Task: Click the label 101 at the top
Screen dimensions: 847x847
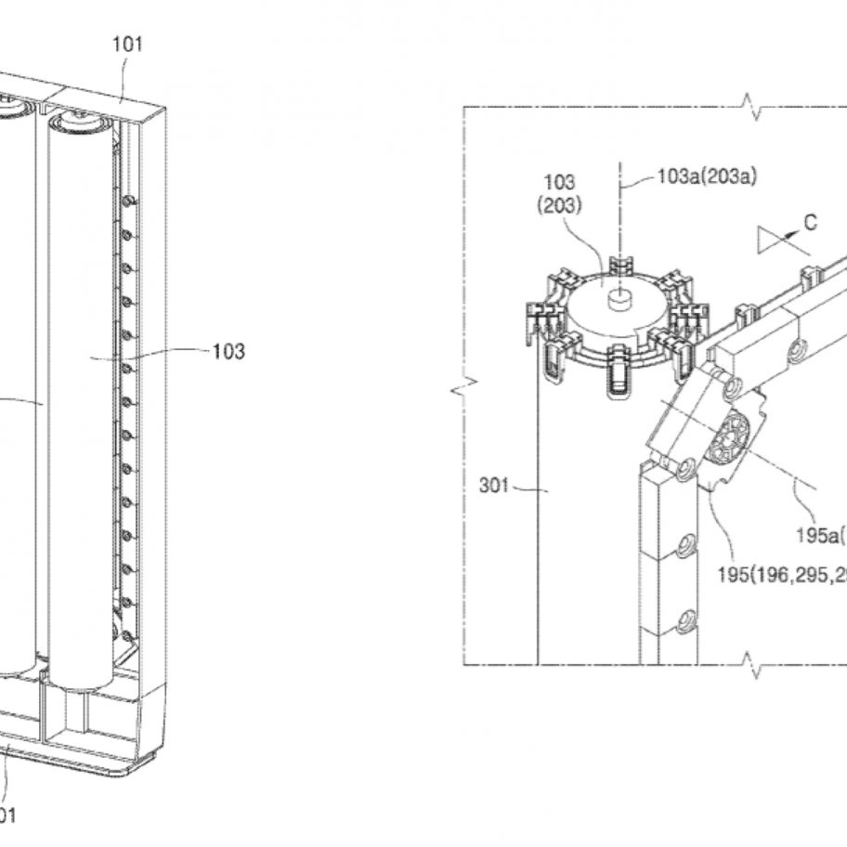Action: tap(127, 44)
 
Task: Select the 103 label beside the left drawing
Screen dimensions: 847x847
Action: tap(228, 351)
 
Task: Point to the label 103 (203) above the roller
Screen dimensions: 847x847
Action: tap(561, 193)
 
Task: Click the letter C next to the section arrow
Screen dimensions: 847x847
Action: tap(810, 223)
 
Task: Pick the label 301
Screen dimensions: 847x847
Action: tap(495, 484)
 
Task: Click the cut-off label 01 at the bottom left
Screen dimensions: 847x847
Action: tap(7, 815)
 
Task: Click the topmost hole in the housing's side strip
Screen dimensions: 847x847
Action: tap(130, 200)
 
